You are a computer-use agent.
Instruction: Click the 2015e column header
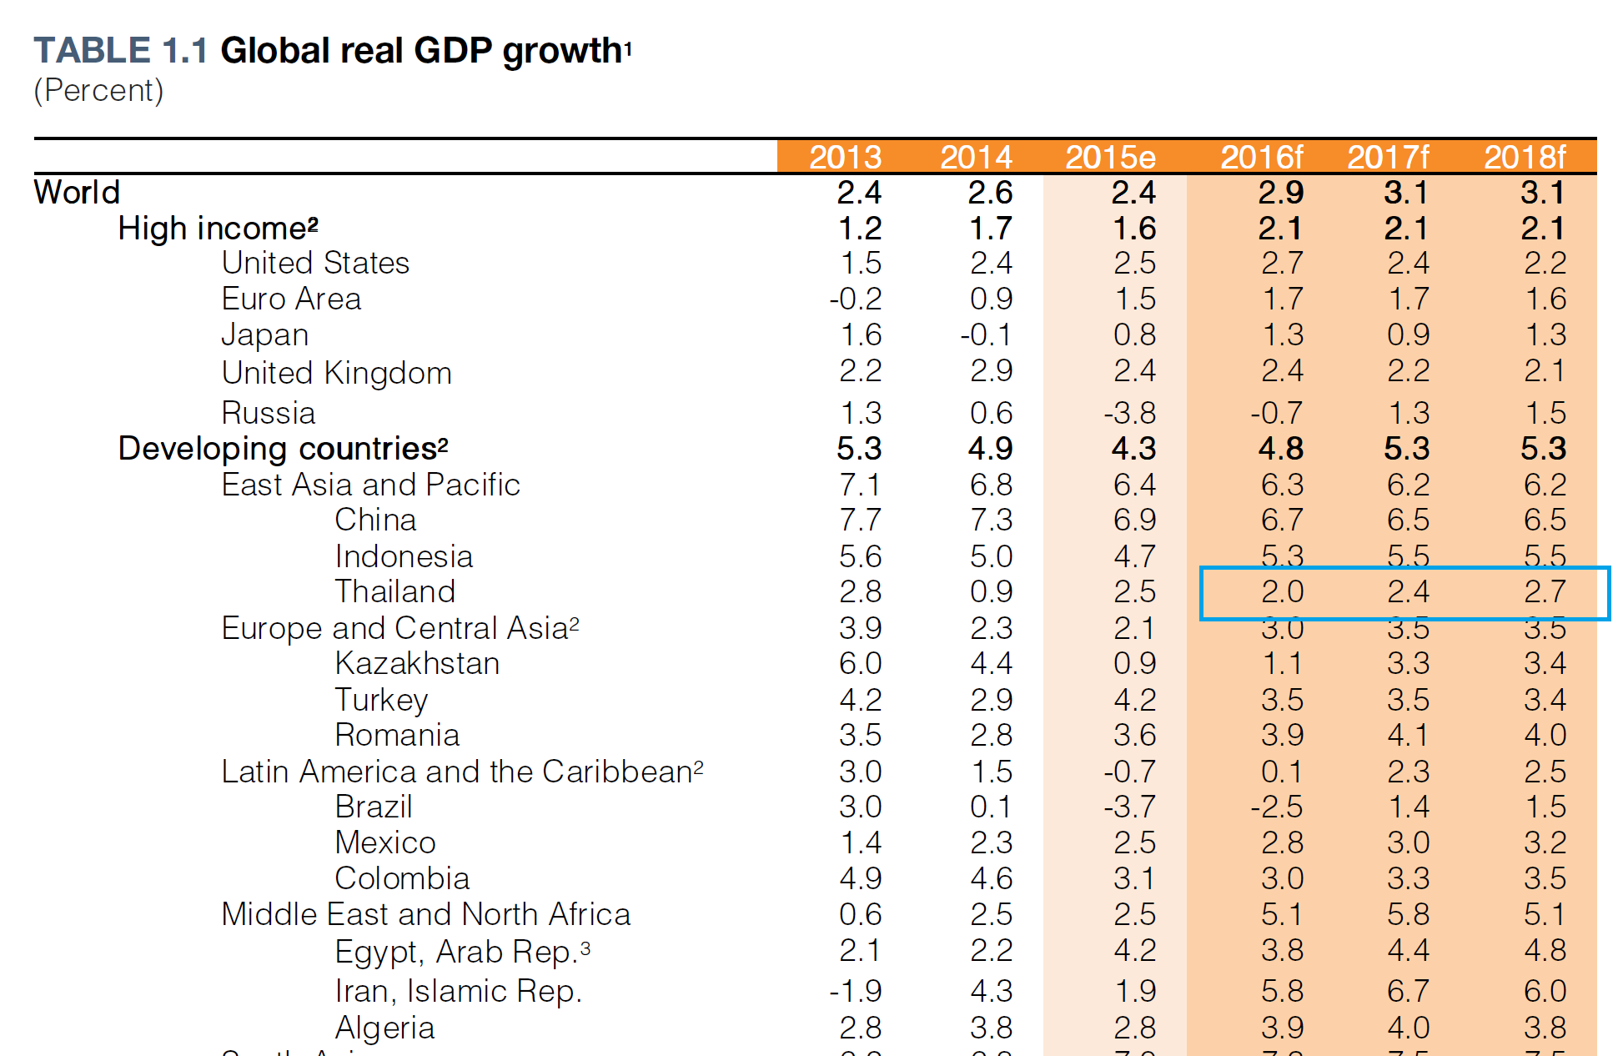(1110, 157)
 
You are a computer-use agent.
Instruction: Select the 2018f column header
(1525, 157)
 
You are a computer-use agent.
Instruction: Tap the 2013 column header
(845, 157)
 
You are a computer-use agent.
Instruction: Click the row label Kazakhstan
(417, 664)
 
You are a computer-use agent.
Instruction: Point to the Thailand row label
(394, 592)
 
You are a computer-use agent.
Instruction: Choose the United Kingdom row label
(336, 373)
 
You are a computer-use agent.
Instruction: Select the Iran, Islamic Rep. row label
(458, 991)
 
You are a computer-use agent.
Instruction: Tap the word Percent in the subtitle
(98, 90)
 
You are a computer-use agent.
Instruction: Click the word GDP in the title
(453, 51)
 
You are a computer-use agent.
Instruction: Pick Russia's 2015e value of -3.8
(1129, 413)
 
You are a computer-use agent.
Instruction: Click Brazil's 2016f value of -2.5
(1276, 807)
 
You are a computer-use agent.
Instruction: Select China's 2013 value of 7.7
(860, 520)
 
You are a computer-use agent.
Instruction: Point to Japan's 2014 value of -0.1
(986, 335)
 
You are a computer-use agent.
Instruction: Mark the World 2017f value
(1406, 193)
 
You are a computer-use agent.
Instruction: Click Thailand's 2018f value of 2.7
(1545, 592)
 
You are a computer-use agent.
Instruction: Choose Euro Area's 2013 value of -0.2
(855, 299)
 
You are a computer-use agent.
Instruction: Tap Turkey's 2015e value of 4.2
(1134, 700)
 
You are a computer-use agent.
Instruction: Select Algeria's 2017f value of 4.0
(1408, 1028)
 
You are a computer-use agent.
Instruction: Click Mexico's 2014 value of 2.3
(991, 843)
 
